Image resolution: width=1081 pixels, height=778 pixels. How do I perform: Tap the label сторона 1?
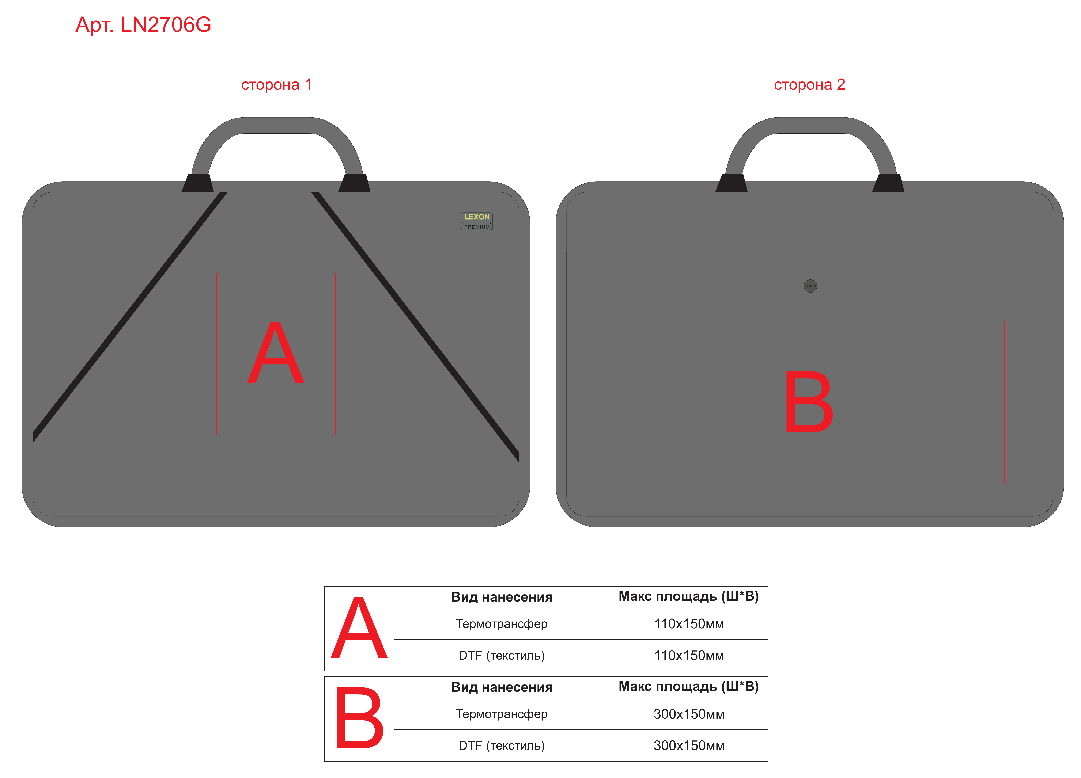click(276, 85)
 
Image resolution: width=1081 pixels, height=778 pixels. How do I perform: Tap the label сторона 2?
click(809, 85)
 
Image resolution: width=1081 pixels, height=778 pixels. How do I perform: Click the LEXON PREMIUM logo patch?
click(476, 221)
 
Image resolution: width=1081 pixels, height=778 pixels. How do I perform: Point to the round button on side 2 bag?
click(810, 286)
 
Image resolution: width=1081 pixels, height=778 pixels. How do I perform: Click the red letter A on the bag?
click(276, 352)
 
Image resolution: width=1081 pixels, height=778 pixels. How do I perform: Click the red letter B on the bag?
click(809, 402)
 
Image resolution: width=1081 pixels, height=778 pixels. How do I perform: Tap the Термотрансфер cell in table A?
click(501, 624)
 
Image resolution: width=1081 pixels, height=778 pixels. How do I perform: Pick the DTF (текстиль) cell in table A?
click(501, 655)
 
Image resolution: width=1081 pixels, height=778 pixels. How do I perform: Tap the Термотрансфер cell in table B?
click(501, 714)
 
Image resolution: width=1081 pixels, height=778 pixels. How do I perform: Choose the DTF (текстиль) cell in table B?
click(501, 745)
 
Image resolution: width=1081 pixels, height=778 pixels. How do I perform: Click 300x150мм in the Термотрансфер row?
click(689, 714)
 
